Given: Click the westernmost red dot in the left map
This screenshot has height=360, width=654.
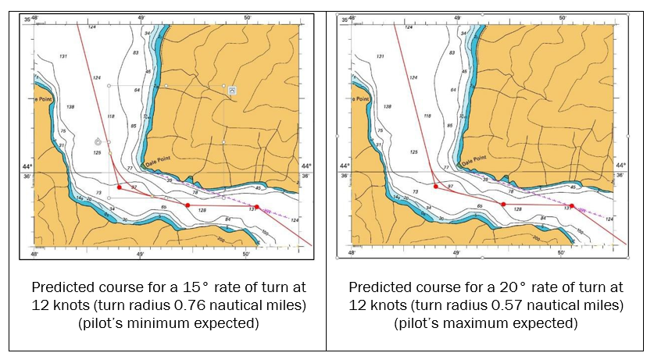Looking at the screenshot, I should (119, 187).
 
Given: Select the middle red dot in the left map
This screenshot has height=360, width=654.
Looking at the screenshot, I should (188, 205).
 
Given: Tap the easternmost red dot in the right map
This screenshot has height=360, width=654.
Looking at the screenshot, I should (572, 206).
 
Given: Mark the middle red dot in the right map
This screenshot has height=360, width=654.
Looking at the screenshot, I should (504, 205).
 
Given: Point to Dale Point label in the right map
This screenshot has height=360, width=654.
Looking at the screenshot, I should (474, 162).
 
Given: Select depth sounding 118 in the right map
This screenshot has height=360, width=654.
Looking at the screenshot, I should (427, 116).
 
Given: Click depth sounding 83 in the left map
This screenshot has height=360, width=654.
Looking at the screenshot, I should (136, 53).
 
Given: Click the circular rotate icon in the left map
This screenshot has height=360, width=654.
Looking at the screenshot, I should (98, 141).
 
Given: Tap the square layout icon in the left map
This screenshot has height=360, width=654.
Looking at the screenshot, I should (232, 91).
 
